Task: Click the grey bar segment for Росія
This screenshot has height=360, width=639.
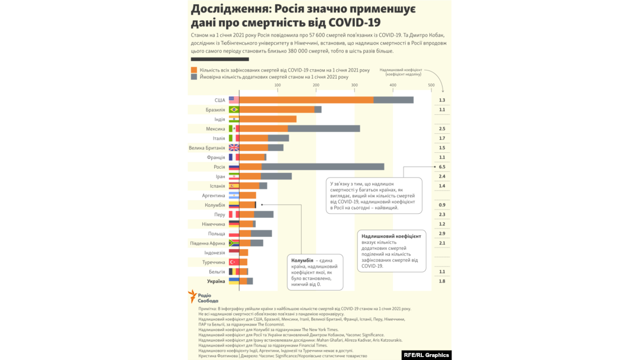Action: tap(322, 167)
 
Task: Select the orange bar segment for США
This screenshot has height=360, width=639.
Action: tap(306, 100)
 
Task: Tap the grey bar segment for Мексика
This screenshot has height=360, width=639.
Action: tap(324, 128)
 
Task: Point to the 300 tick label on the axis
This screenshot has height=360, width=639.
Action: tap(354, 85)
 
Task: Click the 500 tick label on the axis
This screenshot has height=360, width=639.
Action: tap(431, 85)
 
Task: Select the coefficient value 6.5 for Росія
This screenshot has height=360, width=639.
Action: tap(442, 167)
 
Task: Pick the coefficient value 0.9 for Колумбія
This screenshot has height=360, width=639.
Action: tap(442, 205)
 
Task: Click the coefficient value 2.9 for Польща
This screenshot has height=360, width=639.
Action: tap(442, 234)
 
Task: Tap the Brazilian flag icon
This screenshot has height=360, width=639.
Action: tap(234, 110)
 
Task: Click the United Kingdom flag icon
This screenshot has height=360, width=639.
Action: tap(234, 147)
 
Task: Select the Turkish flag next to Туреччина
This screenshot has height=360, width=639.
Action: tap(234, 262)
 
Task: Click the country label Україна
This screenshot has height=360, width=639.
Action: tap(216, 281)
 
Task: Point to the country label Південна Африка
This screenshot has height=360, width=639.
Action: tap(208, 243)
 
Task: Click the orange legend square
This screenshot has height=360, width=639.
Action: tap(193, 70)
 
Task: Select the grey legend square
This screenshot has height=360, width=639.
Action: tap(193, 77)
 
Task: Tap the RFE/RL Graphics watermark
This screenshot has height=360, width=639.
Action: tap(425, 355)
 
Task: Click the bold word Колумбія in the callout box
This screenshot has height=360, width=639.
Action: tap(302, 261)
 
